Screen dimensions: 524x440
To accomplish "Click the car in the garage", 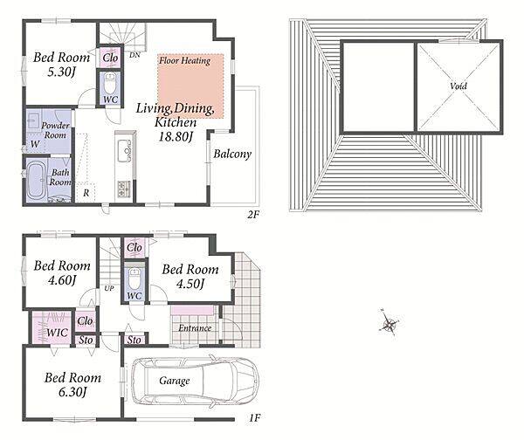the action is [x=195, y=382].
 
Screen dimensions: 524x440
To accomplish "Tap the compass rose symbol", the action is [x=389, y=322].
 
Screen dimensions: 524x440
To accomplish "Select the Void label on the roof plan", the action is [x=458, y=86].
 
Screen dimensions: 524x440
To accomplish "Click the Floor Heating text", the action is [x=184, y=60].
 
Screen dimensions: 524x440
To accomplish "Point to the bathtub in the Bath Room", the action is [x=38, y=181].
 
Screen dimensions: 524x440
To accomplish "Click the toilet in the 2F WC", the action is [x=110, y=84].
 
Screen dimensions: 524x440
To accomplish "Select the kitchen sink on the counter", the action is [x=124, y=151].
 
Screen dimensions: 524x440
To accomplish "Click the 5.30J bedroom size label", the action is [x=61, y=72].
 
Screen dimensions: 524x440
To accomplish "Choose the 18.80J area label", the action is [x=176, y=136].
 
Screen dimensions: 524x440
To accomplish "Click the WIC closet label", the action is [x=57, y=332].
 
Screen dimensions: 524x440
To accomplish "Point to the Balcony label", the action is [x=232, y=154].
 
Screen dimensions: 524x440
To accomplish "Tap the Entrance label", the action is [x=195, y=328].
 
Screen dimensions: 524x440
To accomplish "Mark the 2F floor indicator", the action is [x=253, y=214].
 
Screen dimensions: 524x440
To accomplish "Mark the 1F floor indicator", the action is [x=255, y=417].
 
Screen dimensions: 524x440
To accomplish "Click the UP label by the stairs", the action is [x=109, y=288].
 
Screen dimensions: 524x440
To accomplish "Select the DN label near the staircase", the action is [x=134, y=55].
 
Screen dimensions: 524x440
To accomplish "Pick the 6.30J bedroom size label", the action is [x=72, y=392].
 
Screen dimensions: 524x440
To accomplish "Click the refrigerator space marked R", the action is [x=86, y=193].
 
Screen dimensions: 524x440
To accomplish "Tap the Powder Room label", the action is [x=56, y=130].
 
